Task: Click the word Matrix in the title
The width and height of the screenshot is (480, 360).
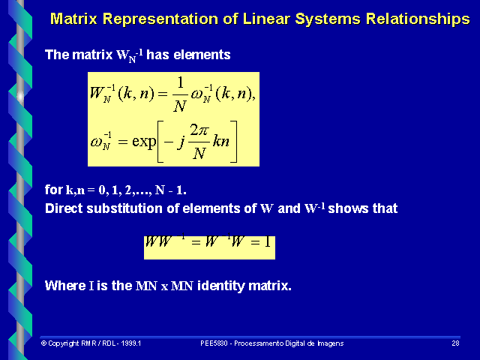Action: coord(76,18)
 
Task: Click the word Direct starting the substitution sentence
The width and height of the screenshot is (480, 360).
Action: coord(64,208)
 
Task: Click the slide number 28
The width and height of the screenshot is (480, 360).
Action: coord(454,343)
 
